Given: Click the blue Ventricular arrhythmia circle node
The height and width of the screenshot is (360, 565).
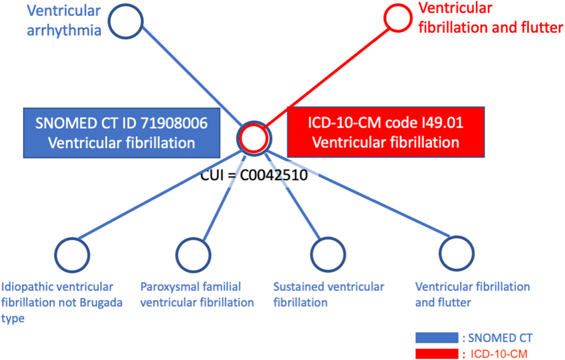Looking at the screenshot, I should [126, 21].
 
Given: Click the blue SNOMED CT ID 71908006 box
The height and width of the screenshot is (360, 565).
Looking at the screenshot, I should [121, 132].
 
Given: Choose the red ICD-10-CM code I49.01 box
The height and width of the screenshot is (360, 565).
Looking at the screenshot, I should [386, 132].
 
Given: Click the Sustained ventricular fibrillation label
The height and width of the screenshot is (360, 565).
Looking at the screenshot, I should [329, 295].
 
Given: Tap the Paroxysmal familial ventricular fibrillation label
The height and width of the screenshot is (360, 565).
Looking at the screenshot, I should [197, 295].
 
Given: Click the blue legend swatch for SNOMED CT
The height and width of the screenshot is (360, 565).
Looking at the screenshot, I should [436, 338].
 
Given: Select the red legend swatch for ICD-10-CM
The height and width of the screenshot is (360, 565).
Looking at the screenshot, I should [436, 353].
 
